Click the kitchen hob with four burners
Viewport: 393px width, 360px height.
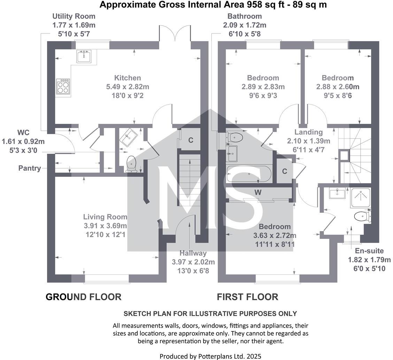tap(63, 86)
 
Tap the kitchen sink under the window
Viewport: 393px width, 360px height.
tap(84, 56)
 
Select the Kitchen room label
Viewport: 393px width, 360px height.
tap(128, 78)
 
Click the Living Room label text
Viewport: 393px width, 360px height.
tap(105, 217)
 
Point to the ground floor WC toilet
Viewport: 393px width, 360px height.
tap(131, 164)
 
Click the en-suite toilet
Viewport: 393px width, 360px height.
tap(362, 216)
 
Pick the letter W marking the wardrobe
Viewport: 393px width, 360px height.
tap(258, 192)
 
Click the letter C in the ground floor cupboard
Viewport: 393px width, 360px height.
tap(191, 140)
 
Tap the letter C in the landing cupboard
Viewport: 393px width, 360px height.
tap(285, 171)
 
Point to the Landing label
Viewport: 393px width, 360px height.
tap(308, 132)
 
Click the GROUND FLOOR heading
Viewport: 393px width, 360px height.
tap(84, 297)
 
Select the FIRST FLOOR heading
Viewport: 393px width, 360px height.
tap(247, 297)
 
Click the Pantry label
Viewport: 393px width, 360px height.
tap(30, 168)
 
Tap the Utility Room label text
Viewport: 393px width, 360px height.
tap(74, 16)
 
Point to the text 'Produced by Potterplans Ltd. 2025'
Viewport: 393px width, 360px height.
tap(210, 356)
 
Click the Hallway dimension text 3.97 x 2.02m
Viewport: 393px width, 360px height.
tap(193, 262)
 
